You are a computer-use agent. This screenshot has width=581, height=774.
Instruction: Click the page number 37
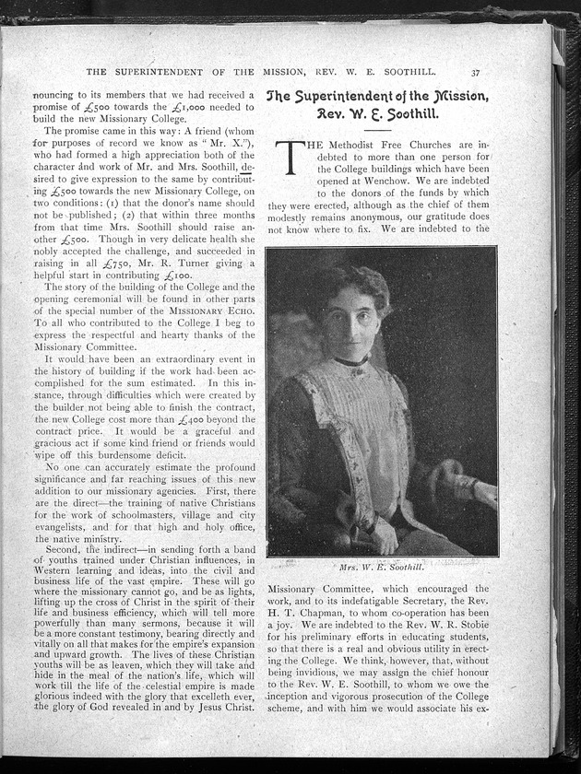coord(475,73)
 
